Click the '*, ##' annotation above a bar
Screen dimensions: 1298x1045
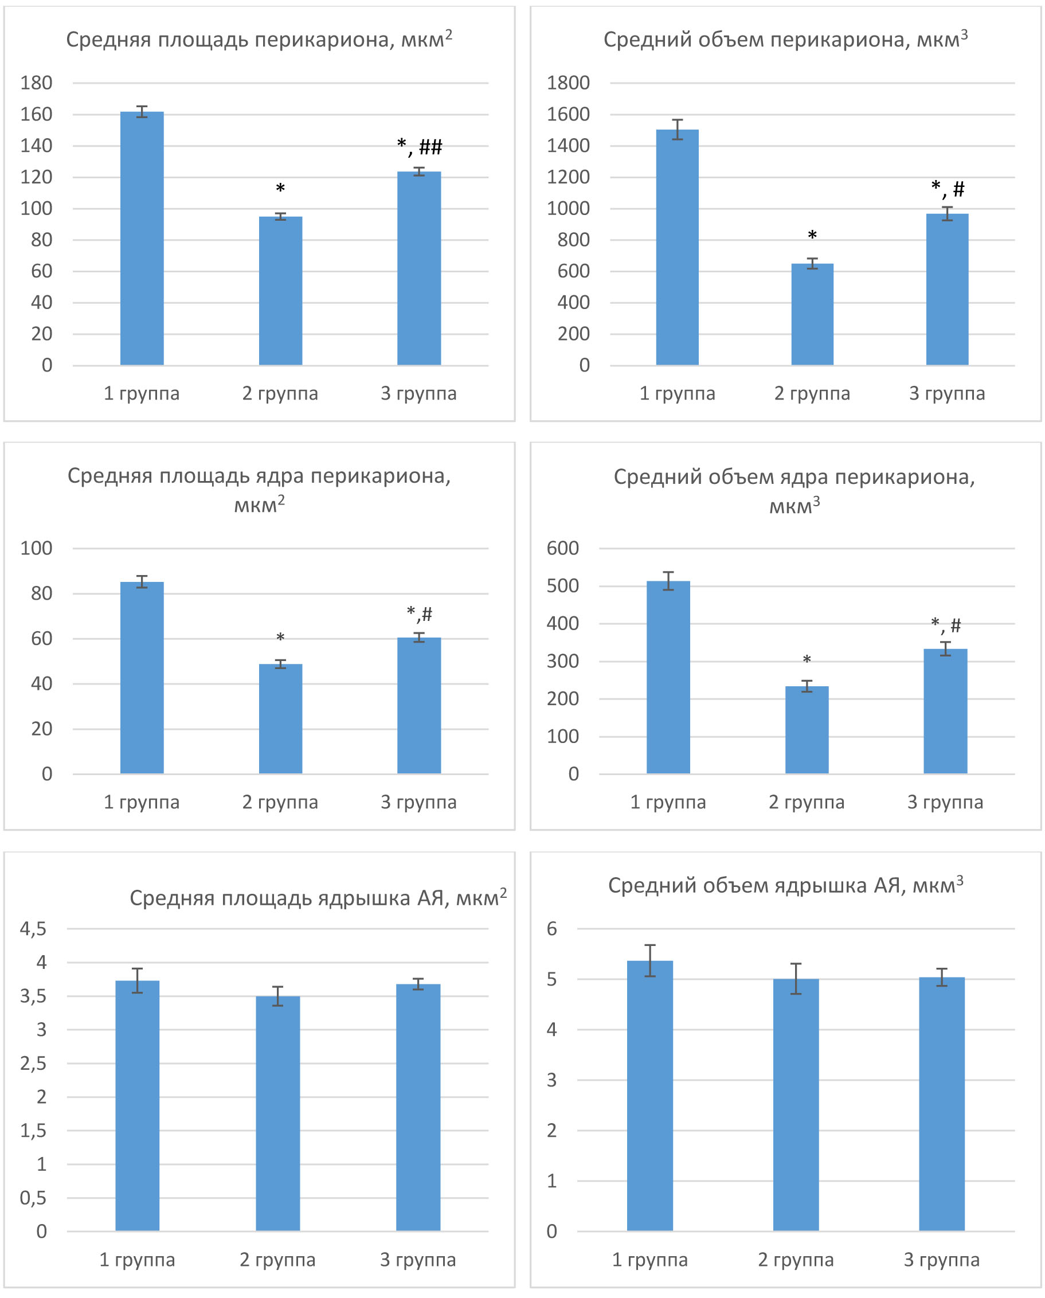(420, 146)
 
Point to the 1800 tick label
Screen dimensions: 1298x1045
(567, 83)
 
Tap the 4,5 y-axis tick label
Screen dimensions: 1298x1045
(33, 928)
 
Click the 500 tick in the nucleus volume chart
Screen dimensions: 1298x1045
(562, 586)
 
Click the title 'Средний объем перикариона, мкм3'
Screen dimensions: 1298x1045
(785, 39)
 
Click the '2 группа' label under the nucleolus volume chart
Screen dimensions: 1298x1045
(795, 1260)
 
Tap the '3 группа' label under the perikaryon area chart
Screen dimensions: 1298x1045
(418, 393)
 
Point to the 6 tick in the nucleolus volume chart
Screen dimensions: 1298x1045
(551, 928)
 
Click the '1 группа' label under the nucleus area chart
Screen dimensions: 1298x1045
(142, 802)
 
